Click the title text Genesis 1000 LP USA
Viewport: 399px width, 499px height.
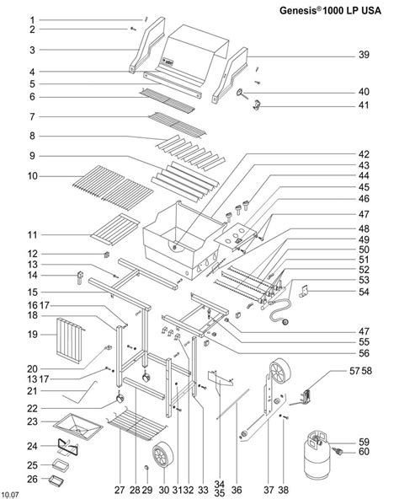[330, 10]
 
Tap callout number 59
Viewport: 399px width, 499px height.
[364, 442]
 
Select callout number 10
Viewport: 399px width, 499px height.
[33, 176]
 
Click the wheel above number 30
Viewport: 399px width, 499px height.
[162, 454]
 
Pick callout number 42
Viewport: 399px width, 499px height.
[364, 154]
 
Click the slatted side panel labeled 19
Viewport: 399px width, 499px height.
[70, 340]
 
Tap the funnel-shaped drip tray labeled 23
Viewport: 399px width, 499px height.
[78, 427]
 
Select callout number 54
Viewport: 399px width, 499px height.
[364, 292]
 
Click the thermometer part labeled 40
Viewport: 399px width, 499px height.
[242, 94]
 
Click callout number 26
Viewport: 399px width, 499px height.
[32, 479]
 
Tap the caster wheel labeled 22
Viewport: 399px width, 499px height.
[120, 399]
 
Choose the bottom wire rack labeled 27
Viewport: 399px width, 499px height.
[137, 424]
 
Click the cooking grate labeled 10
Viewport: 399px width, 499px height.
[113, 188]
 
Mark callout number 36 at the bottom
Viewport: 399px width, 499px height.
[237, 490]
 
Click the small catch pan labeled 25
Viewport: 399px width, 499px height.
[61, 465]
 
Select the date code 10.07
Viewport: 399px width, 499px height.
[9, 495]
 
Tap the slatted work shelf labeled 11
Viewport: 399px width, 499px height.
[115, 229]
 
